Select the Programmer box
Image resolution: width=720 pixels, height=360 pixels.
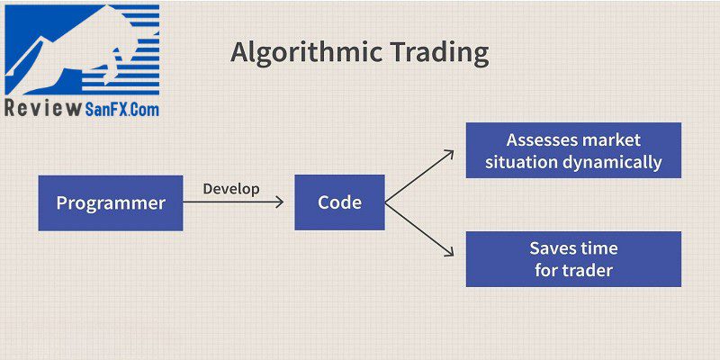(x=111, y=203)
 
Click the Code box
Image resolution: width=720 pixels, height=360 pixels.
(x=340, y=202)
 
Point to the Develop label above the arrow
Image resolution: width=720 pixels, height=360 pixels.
(x=231, y=189)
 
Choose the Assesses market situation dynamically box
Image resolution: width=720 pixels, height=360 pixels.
(x=573, y=150)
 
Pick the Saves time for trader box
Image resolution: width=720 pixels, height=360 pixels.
(x=573, y=259)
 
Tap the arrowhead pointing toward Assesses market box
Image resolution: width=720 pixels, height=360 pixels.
(x=449, y=154)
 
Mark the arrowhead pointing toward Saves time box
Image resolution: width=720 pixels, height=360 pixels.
(x=449, y=252)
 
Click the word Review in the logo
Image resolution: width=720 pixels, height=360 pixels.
(x=42, y=108)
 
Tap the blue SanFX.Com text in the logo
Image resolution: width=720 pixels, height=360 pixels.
(x=122, y=109)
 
